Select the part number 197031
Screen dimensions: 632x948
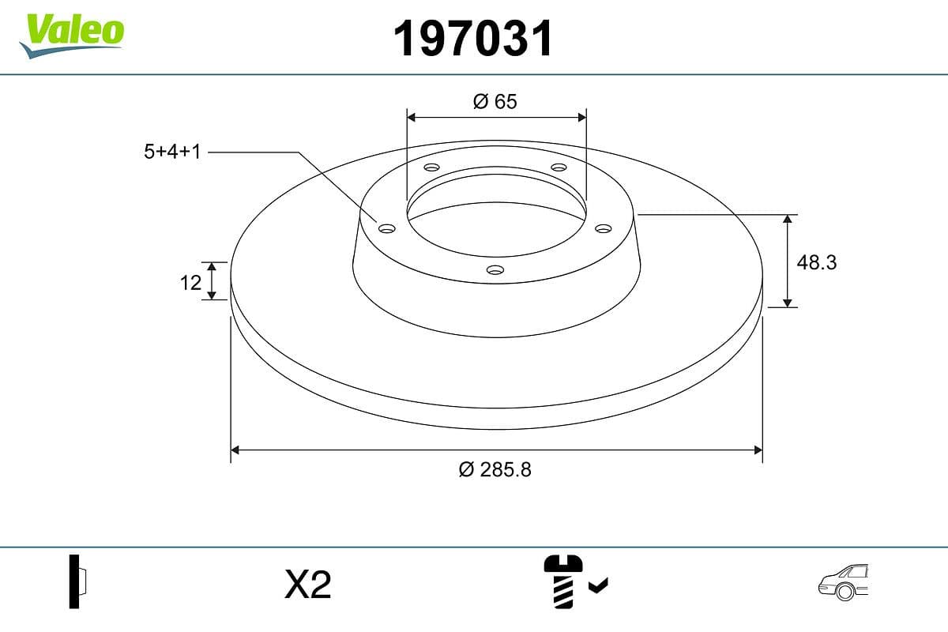474,39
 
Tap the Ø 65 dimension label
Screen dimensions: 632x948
495,101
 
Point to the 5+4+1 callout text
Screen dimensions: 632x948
172,152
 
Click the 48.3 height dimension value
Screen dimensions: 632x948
816,262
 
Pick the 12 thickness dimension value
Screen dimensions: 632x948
190,281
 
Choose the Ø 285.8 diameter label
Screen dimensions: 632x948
495,469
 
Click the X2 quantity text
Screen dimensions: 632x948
307,585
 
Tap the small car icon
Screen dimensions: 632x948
844,583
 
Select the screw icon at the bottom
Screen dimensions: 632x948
562,580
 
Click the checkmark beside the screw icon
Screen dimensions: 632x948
599,585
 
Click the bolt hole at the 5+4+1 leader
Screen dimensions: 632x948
386,228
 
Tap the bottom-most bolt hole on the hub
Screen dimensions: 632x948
495,270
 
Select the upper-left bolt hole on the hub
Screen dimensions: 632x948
431,167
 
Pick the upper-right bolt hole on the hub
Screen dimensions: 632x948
559,167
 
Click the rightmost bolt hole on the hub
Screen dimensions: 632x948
604,228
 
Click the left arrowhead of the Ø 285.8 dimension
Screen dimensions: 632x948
235,450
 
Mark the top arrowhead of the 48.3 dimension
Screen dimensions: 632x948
788,219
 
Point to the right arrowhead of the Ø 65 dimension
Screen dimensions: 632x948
582,117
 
